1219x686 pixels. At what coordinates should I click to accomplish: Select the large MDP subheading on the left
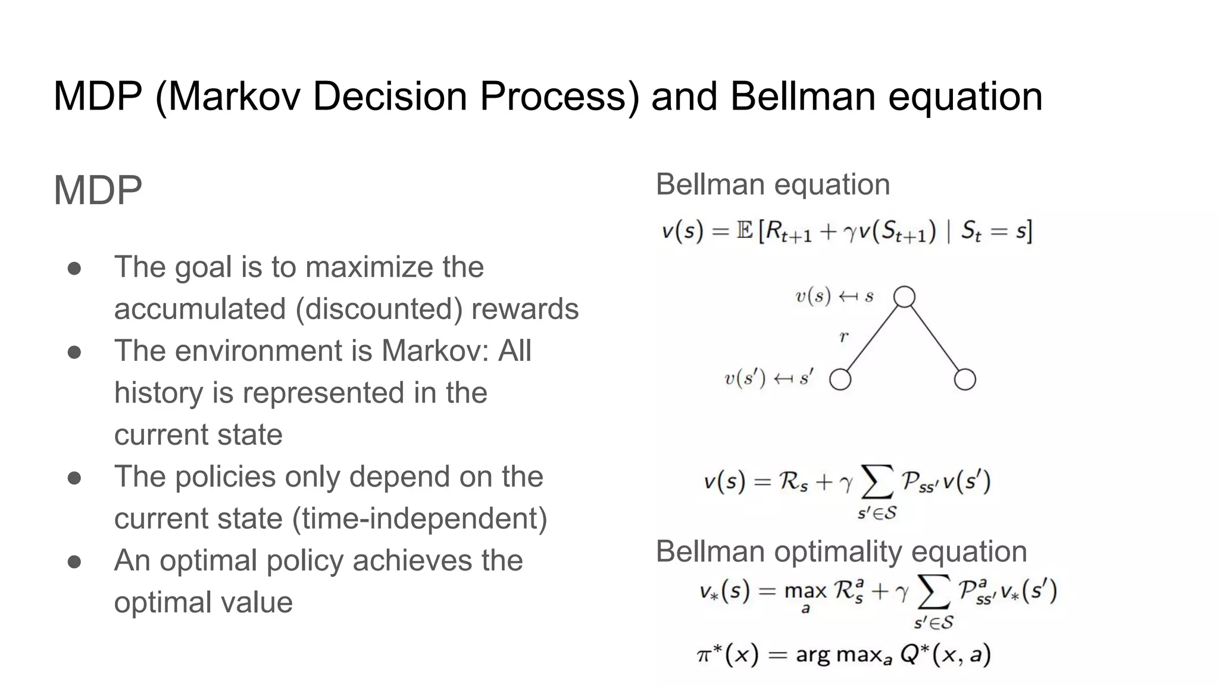pos(98,191)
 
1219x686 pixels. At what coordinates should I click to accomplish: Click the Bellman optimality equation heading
pos(841,551)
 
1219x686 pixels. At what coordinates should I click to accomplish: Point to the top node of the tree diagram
pos(904,297)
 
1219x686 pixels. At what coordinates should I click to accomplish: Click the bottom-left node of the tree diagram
pos(840,379)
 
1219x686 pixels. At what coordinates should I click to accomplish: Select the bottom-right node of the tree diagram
pos(965,379)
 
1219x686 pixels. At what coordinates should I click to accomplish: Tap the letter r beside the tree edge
pos(843,337)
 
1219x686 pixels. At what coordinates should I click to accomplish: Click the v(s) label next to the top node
pos(813,296)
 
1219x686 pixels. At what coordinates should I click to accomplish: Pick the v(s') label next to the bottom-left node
pos(745,379)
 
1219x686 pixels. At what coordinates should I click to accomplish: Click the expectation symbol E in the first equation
pos(745,230)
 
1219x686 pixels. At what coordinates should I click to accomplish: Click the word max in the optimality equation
pos(805,591)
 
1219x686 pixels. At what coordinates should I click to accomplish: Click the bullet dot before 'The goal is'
pos(74,268)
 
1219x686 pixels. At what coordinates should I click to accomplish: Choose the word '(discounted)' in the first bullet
pos(379,309)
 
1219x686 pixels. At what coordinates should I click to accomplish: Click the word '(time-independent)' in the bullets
pos(420,518)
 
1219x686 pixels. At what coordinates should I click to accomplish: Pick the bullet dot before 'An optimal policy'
pos(74,562)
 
